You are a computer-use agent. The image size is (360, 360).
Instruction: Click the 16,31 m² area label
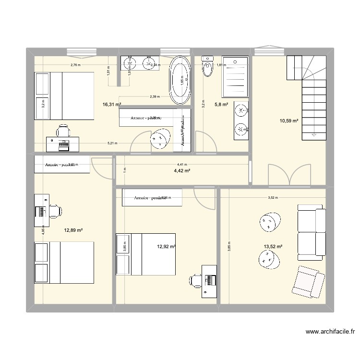point(111,104)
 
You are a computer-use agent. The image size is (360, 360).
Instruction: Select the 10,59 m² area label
point(289,120)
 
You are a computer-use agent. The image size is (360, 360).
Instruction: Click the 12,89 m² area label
point(73,230)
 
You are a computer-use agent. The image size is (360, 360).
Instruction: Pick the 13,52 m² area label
point(273,247)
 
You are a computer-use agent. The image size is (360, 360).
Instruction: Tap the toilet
point(207,68)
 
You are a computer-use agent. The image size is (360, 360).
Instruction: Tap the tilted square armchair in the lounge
point(307,281)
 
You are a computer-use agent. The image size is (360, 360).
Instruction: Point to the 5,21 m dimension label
point(112,143)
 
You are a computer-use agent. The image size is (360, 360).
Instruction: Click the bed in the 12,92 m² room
point(145,255)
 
